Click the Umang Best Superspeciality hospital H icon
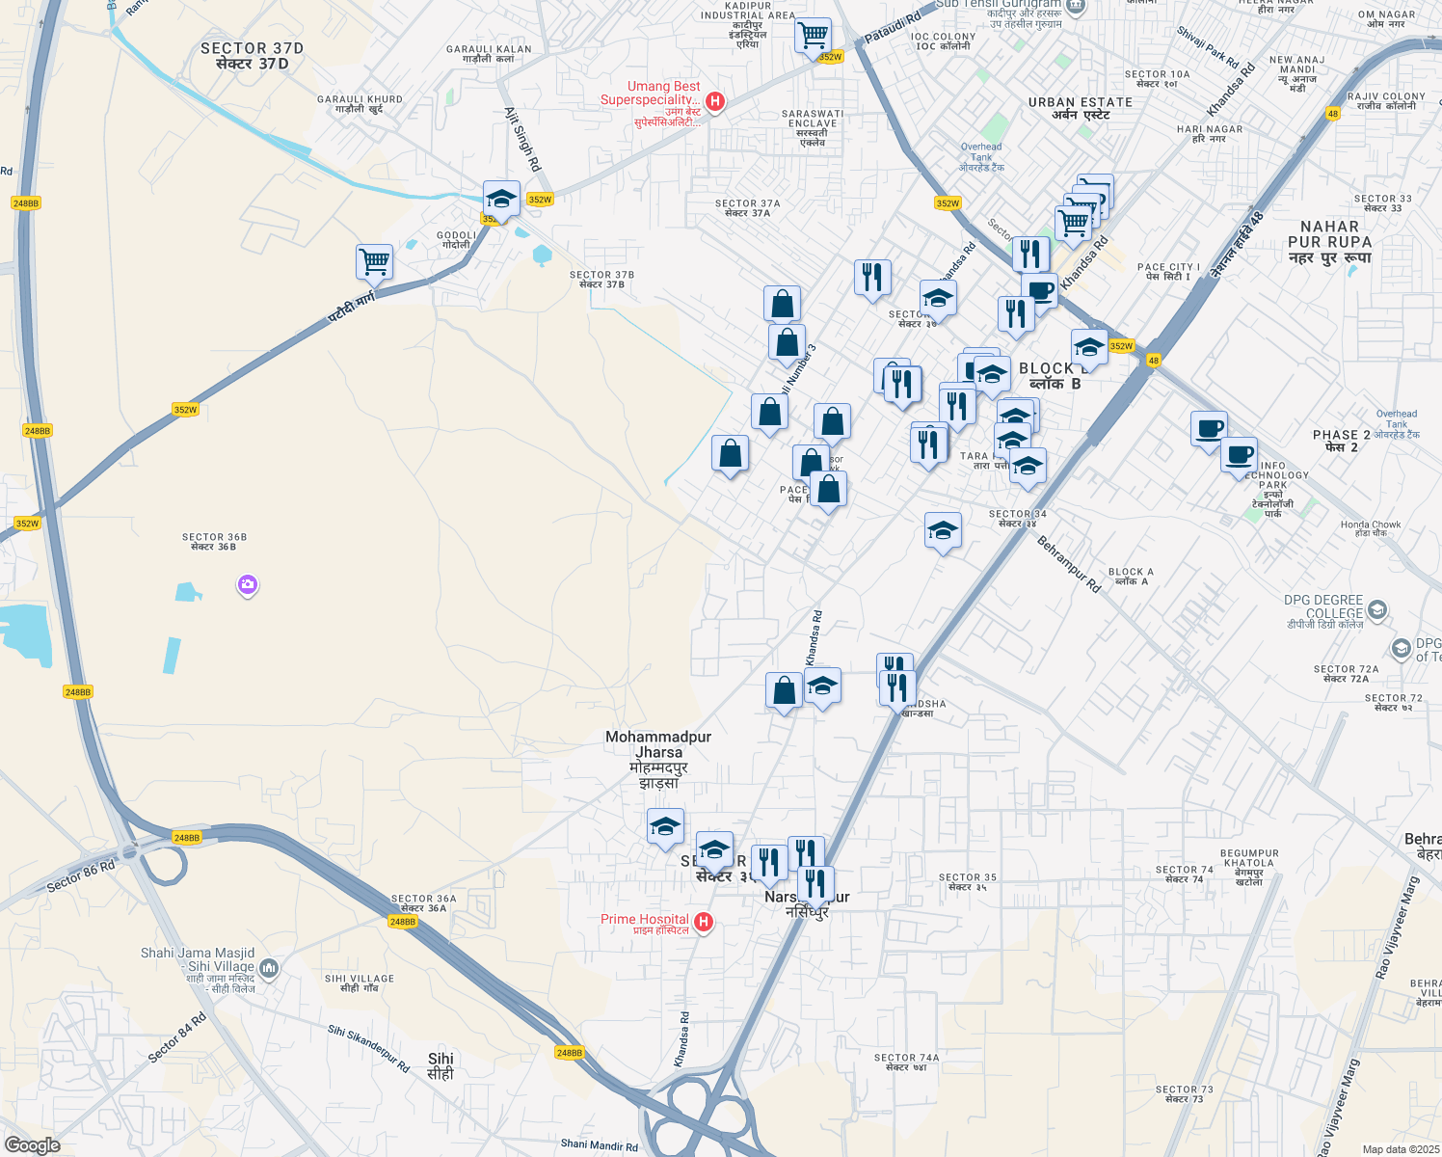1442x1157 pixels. point(714,101)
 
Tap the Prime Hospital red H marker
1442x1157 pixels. point(704,922)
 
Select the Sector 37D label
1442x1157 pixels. point(252,56)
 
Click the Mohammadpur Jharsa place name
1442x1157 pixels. point(658,760)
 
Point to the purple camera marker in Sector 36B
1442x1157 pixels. point(248,584)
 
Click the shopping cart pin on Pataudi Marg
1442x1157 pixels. point(374,260)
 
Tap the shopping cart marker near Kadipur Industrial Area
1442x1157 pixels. point(814,36)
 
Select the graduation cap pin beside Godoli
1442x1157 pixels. point(501,199)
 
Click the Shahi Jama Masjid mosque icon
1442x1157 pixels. point(269,968)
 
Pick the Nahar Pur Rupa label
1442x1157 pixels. point(1329,242)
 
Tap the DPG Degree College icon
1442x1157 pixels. point(1377,609)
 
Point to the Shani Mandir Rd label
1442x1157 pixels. point(599,1145)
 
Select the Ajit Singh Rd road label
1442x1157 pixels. point(522,139)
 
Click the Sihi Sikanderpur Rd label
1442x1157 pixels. point(368,1049)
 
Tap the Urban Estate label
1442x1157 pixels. point(1081,108)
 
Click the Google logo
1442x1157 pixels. point(32,1145)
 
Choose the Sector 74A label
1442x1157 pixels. point(906,1062)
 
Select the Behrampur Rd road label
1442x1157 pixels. point(1068,564)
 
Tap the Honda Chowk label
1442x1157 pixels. point(1371,528)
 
